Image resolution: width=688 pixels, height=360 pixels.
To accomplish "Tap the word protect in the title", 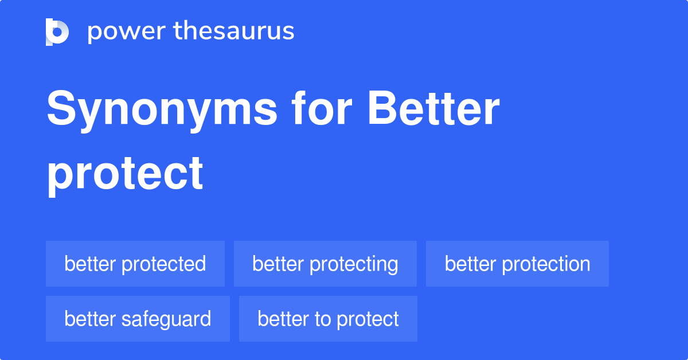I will (125, 173).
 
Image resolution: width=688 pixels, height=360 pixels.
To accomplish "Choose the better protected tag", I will (135, 264).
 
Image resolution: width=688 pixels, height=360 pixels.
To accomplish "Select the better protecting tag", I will (325, 264).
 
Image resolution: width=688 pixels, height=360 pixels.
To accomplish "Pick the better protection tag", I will (517, 264).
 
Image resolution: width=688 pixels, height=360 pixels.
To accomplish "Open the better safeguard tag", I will (138, 319).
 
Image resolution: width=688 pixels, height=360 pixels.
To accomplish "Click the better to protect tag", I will (328, 319).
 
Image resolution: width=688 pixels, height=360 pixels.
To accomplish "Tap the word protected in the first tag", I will (164, 264).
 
